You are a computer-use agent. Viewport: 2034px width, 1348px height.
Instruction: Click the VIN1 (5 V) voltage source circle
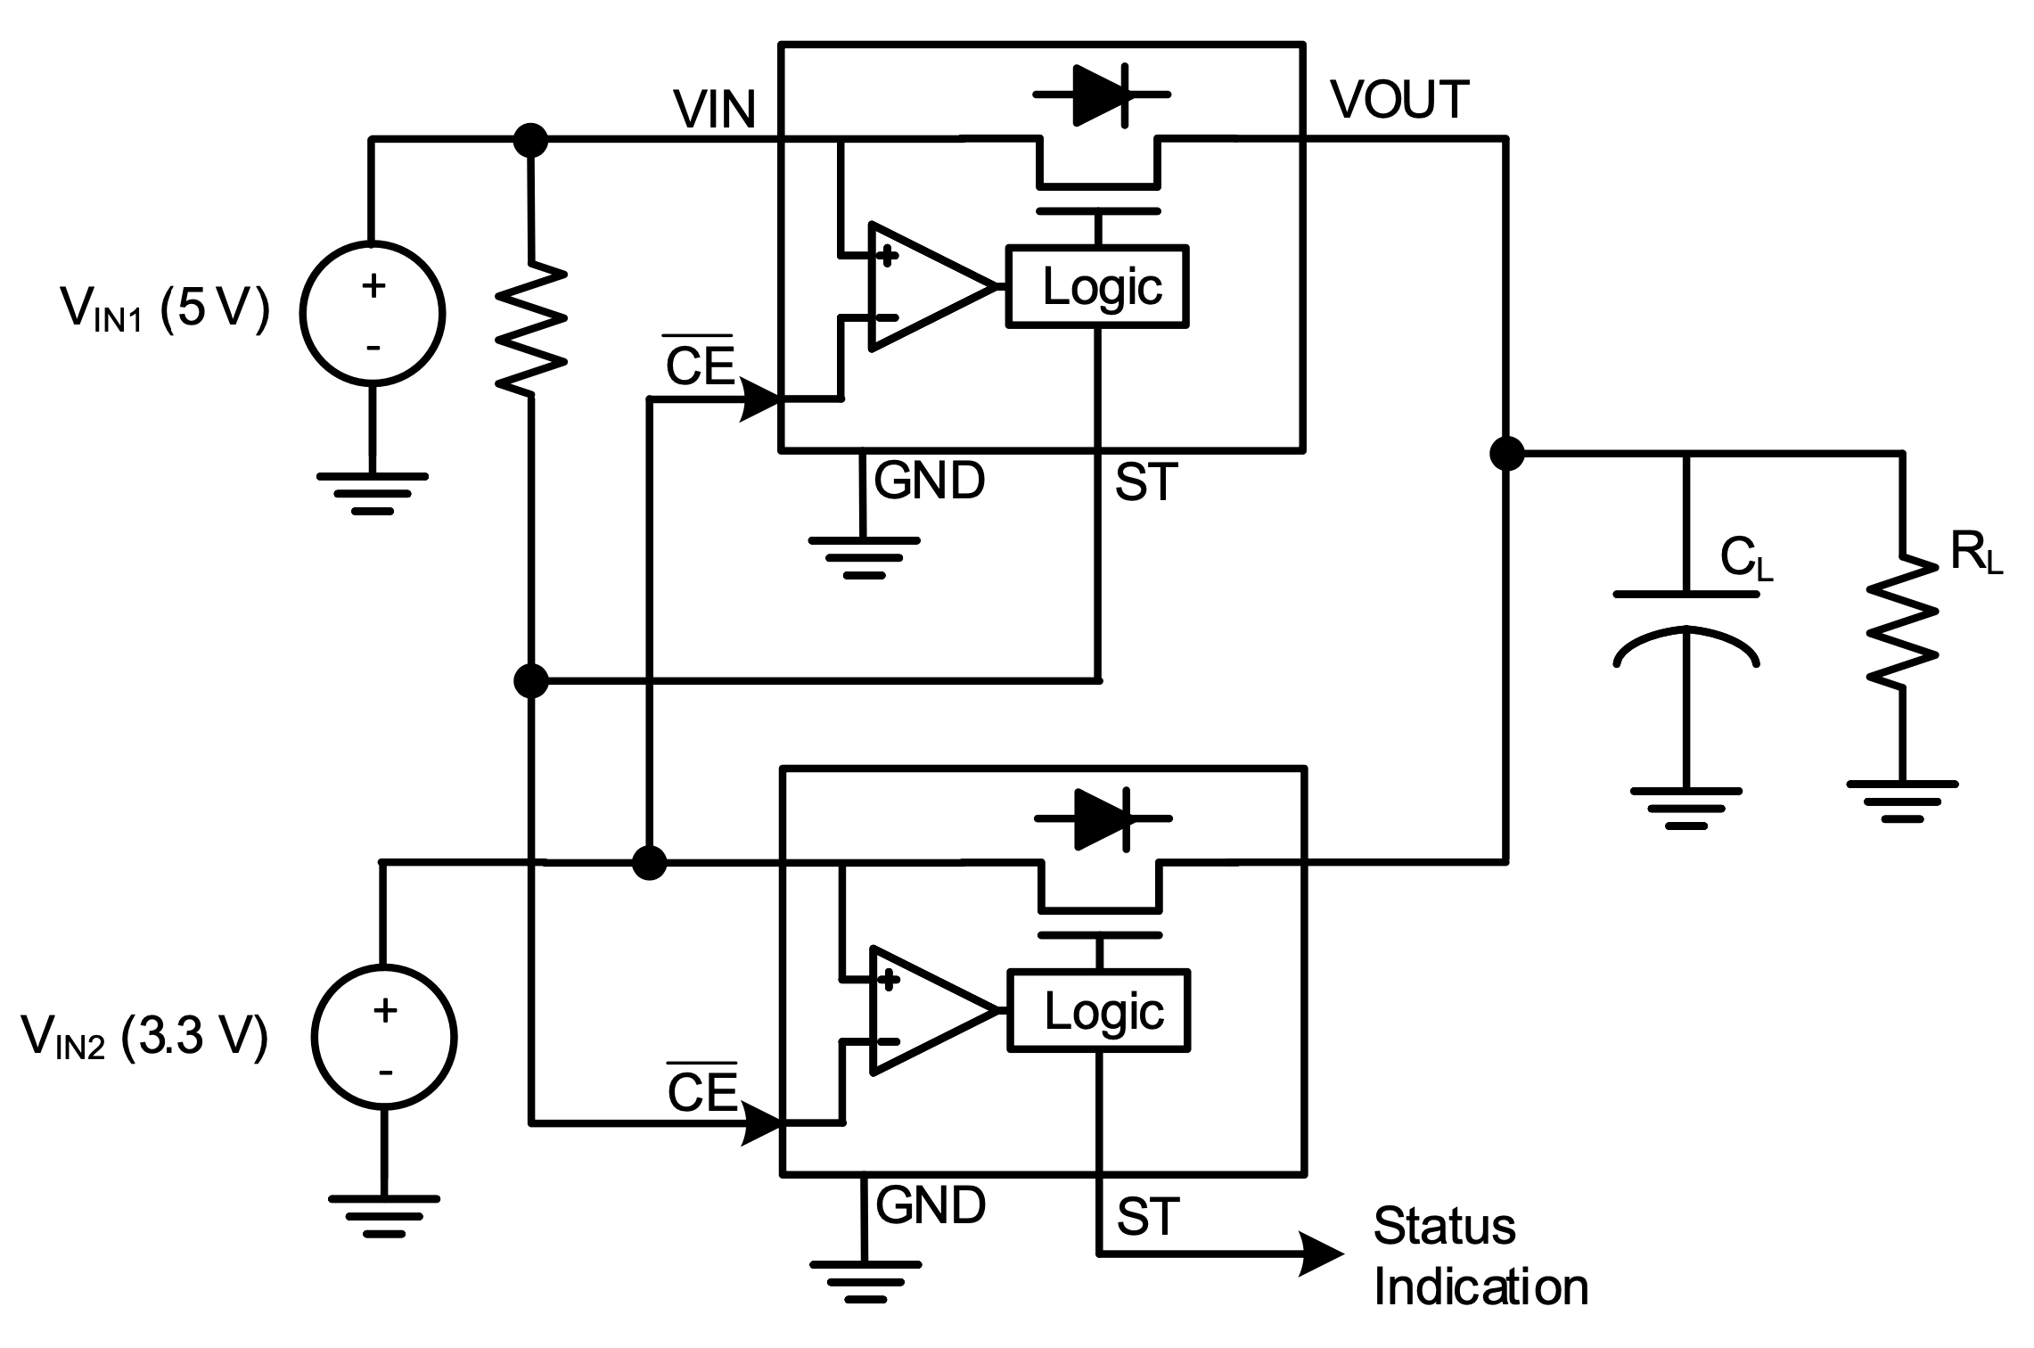pos(373,313)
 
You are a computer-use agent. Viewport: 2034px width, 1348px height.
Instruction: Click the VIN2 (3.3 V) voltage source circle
pos(384,1037)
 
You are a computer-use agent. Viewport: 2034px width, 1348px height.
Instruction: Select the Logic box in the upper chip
pos(1097,286)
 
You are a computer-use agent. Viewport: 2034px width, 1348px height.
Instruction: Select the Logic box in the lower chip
pos(1099,1011)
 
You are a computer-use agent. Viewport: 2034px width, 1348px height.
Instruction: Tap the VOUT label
pos(1399,100)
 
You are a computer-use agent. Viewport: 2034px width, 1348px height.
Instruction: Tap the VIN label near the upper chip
pos(715,111)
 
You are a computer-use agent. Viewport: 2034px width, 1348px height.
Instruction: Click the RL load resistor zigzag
pos(1902,621)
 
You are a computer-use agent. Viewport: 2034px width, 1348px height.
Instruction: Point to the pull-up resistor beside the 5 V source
pos(531,326)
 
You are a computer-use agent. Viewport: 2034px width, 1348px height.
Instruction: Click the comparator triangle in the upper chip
pos(923,286)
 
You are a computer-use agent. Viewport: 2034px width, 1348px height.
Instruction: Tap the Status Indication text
pos(1480,1257)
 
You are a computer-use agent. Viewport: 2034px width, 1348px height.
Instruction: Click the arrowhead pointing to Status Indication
pos(1321,1254)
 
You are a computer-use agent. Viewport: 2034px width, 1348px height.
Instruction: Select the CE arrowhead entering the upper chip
pos(761,400)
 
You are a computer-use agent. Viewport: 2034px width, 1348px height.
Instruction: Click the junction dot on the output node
pos(1506,453)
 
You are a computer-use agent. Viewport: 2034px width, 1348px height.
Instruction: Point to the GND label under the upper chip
pos(929,481)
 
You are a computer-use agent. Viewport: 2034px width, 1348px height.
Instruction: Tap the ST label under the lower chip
pos(1147,1216)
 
